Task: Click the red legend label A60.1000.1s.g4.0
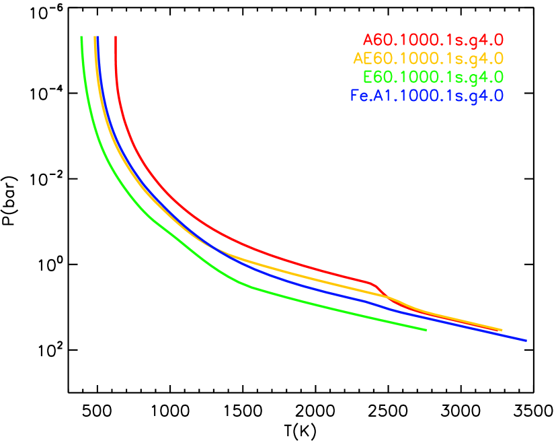pyautogui.click(x=433, y=40)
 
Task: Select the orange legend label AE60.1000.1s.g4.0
pyautogui.click(x=428, y=58)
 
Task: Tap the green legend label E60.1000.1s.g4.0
pyautogui.click(x=433, y=77)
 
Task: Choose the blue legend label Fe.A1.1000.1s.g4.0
pyautogui.click(x=427, y=96)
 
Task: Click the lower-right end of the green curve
pyautogui.click(x=426, y=330)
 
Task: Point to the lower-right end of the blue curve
pyautogui.click(x=525, y=340)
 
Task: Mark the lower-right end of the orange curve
pyautogui.click(x=502, y=330)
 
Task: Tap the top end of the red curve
pyautogui.click(x=116, y=37)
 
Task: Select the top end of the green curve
pyautogui.click(x=81, y=37)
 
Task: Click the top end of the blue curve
pyautogui.click(x=98, y=37)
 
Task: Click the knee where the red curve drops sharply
pyautogui.click(x=371, y=283)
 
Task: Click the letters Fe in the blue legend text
pyautogui.click(x=359, y=96)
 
